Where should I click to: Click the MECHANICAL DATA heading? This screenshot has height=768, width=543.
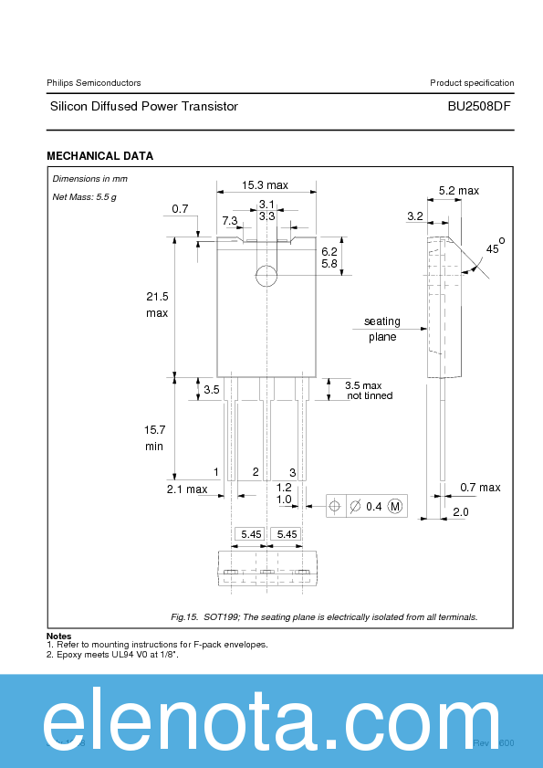point(99,156)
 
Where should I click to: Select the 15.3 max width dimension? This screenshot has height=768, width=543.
point(265,185)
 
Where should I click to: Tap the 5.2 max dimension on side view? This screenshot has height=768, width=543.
point(458,191)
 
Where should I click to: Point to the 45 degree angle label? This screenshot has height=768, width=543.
point(493,248)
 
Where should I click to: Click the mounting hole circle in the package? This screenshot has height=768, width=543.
point(266,275)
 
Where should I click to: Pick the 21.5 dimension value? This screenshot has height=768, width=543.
point(157,297)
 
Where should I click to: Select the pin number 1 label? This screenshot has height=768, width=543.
point(216,471)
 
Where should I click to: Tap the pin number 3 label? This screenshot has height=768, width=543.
point(292,472)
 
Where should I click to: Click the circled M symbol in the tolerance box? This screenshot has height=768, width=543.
point(395,506)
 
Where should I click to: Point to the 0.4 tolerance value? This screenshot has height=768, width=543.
point(373,506)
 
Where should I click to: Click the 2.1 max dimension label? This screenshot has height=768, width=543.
point(187,489)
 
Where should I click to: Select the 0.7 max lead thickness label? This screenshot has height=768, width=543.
point(480,488)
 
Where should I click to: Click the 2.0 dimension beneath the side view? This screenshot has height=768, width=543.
point(460,512)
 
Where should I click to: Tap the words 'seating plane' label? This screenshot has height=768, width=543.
point(382,329)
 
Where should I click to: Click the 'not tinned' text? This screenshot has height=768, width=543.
point(370,396)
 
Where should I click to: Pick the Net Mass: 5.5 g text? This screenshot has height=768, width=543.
point(84,196)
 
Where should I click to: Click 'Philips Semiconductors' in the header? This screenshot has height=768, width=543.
point(93,83)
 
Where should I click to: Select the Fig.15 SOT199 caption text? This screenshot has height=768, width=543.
point(324,617)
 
